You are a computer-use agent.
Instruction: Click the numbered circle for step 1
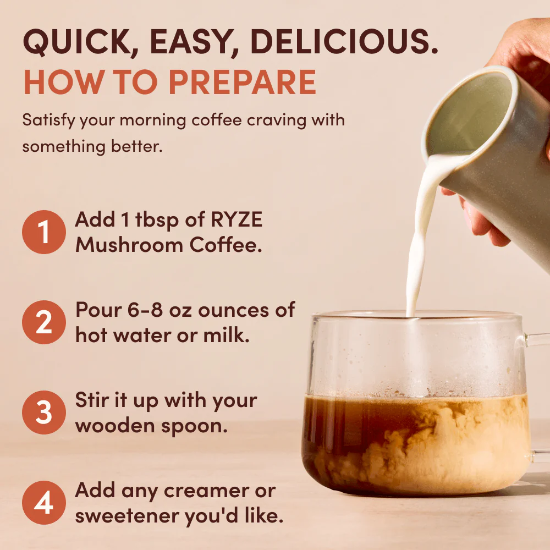pos(43,232)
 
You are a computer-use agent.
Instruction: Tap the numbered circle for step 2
pos(43,323)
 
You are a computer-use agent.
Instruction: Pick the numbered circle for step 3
pos(43,413)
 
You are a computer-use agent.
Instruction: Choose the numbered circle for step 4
pos(43,503)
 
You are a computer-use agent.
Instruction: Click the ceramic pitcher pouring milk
pos(490,143)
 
